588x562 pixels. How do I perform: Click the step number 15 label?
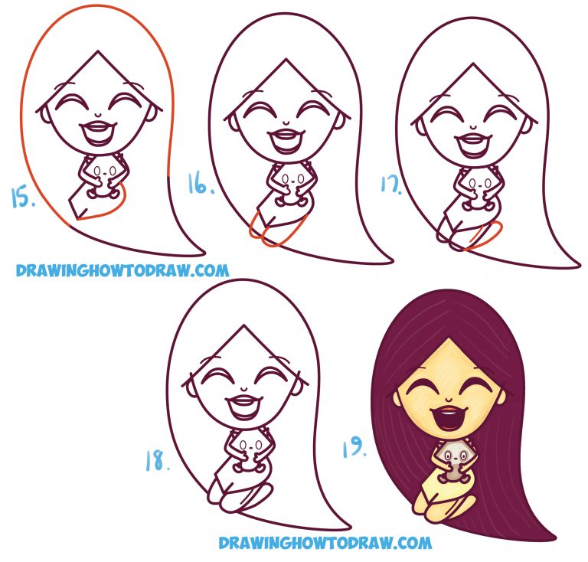pyautogui.click(x=23, y=198)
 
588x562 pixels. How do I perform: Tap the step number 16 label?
pyautogui.click(x=201, y=184)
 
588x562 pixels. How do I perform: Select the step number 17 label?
pyautogui.click(x=390, y=185)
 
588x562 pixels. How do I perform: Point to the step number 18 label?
pyautogui.click(x=158, y=461)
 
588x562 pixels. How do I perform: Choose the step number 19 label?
pyautogui.click(x=354, y=447)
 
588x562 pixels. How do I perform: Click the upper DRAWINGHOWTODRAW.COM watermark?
pyautogui.click(x=122, y=270)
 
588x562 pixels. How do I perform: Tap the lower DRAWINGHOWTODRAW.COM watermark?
pyautogui.click(x=325, y=543)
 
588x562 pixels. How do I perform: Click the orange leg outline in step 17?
pyautogui.click(x=484, y=235)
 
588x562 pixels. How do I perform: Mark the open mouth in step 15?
pyautogui.click(x=98, y=134)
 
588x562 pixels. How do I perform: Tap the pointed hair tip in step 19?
pyautogui.click(x=554, y=535)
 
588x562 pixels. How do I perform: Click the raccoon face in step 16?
pyautogui.click(x=289, y=179)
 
